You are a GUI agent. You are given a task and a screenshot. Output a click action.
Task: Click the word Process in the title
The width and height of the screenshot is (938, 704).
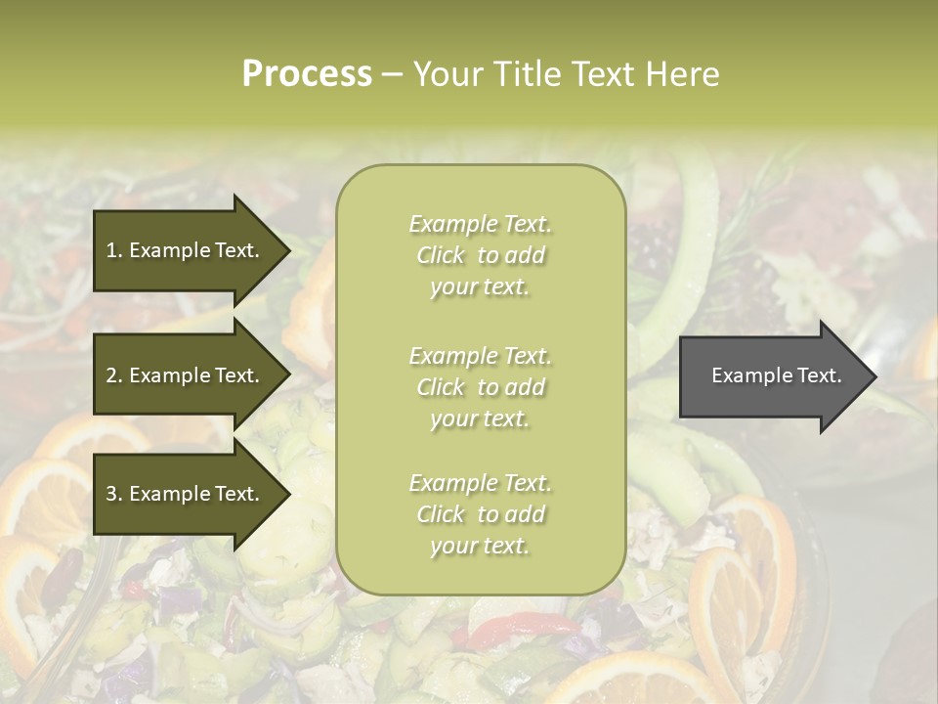tap(307, 74)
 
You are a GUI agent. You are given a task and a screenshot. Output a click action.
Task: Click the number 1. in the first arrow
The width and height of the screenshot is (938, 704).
tap(114, 250)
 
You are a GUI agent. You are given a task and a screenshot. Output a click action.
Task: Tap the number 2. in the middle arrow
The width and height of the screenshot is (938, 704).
tap(114, 375)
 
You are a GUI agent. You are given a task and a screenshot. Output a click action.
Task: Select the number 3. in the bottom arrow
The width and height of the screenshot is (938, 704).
tap(114, 495)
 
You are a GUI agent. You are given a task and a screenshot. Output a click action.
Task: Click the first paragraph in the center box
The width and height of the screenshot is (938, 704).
tap(480, 255)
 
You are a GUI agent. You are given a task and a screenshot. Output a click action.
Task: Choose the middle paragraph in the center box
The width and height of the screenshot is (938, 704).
tap(480, 387)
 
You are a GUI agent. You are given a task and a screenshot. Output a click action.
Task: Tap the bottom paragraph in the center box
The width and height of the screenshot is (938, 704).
tap(480, 514)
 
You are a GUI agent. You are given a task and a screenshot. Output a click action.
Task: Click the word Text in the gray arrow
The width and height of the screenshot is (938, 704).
tap(819, 375)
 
